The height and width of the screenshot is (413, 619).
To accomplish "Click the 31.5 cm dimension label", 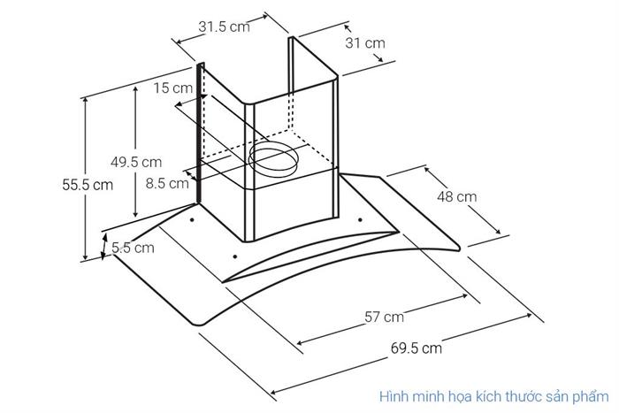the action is pos(224,27).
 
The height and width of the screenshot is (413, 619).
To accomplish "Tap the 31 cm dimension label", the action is pos(365,42).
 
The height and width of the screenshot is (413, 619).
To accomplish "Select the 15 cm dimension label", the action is pos(173,88).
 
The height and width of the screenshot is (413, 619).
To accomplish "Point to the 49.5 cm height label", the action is pos(136,162).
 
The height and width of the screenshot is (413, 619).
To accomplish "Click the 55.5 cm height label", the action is pos(88,184).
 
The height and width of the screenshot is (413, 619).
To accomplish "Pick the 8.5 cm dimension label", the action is pos(167,183).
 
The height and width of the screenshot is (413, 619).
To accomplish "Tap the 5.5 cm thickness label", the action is pos(133,248).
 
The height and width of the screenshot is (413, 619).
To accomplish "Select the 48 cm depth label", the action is pos(457,196).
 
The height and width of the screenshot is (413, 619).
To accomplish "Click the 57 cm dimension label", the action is pos(384,317).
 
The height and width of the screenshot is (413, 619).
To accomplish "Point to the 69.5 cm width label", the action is pos(416,348).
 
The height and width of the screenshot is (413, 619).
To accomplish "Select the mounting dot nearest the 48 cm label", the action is pos(360,220).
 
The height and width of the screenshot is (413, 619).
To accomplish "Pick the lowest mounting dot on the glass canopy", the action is pos(235,256).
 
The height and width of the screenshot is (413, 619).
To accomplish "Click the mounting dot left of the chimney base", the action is pos(192,220).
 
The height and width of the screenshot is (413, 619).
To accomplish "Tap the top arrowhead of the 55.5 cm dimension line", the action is pos(85,101).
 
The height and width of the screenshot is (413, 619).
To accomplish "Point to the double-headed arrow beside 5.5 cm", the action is pos(104,247).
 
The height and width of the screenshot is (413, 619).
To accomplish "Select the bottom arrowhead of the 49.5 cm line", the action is pos(135,214).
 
